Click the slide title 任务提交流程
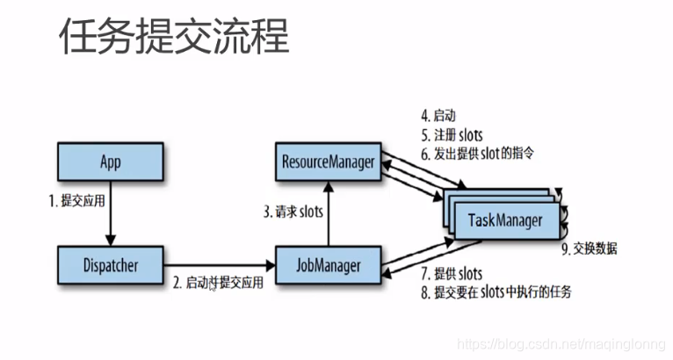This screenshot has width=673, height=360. click(173, 40)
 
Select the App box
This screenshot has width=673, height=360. click(110, 162)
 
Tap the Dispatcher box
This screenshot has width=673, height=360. click(110, 262)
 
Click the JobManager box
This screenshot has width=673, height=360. click(328, 262)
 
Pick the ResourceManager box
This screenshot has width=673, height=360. click(328, 162)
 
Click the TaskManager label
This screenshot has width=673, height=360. click(504, 220)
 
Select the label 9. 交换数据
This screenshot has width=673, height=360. click(589, 248)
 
